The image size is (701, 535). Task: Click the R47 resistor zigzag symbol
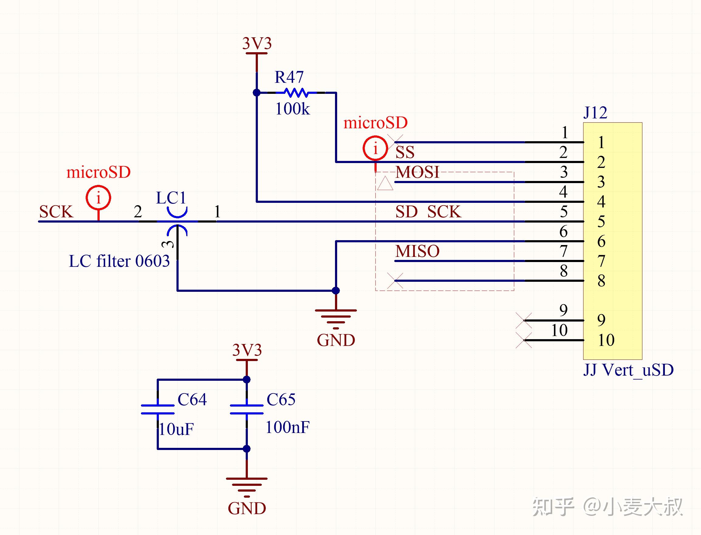(x=296, y=93)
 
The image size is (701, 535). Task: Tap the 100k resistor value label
(x=292, y=109)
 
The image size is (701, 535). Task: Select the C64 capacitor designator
(x=192, y=399)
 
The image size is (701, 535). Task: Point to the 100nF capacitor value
(x=287, y=428)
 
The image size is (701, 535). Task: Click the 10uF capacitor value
(x=176, y=429)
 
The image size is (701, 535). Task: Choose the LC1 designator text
(x=171, y=198)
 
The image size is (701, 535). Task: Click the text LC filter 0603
(x=119, y=261)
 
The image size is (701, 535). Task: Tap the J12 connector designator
(x=595, y=112)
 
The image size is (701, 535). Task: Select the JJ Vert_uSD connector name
(x=628, y=370)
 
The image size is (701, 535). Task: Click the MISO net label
(x=417, y=251)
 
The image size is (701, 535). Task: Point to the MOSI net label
(x=417, y=172)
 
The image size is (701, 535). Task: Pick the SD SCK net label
(x=428, y=212)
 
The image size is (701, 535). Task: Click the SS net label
(x=405, y=152)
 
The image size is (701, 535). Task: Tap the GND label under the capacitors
(x=247, y=508)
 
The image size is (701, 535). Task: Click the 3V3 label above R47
(x=257, y=43)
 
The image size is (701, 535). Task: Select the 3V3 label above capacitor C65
(x=247, y=350)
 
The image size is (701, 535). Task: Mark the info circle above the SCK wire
(x=98, y=198)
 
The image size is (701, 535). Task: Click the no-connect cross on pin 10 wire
(x=524, y=340)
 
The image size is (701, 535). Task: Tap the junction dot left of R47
(x=256, y=93)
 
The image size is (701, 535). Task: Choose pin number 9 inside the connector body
(x=601, y=320)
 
